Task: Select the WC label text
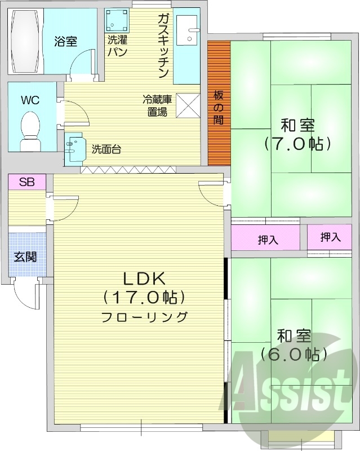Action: (30, 100)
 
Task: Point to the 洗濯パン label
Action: (117, 46)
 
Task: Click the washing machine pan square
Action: (117, 21)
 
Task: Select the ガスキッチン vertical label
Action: (164, 46)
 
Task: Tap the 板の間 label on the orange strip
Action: (219, 107)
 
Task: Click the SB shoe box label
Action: (27, 182)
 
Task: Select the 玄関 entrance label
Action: (25, 257)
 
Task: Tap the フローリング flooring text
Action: (144, 317)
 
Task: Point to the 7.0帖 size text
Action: (297, 144)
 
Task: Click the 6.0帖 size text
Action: (294, 355)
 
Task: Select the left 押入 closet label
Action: (268, 240)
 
